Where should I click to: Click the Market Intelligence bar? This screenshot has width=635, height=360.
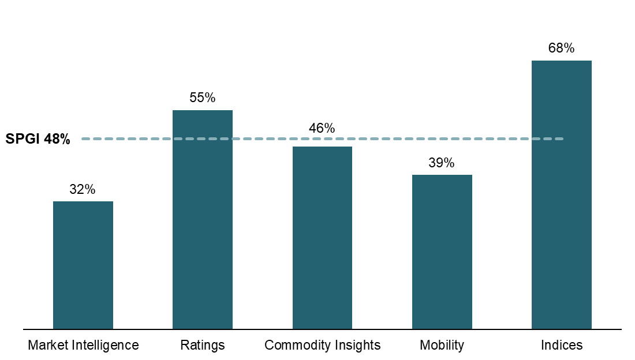[x=83, y=265]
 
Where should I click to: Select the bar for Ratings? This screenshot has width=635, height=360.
[x=203, y=219]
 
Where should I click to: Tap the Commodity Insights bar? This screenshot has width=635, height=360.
[x=322, y=238]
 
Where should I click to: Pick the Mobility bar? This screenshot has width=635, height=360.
[x=442, y=252]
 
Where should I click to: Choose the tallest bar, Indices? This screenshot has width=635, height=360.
[x=562, y=195]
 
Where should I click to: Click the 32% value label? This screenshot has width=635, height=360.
[x=83, y=189]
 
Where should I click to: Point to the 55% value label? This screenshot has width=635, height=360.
[x=203, y=98]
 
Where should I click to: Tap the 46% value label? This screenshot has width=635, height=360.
[x=322, y=128]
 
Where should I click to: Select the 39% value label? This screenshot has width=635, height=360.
[x=442, y=163]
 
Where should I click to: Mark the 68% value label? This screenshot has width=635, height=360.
[x=562, y=48]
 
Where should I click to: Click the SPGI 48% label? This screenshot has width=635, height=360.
[x=38, y=139]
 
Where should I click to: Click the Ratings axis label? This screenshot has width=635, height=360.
[x=203, y=345]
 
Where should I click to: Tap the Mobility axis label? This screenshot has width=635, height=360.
[x=442, y=345]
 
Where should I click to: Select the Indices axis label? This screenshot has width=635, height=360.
[x=562, y=345]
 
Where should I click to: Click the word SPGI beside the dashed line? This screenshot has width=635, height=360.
[x=23, y=139]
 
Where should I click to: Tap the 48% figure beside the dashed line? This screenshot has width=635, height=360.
[x=57, y=139]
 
